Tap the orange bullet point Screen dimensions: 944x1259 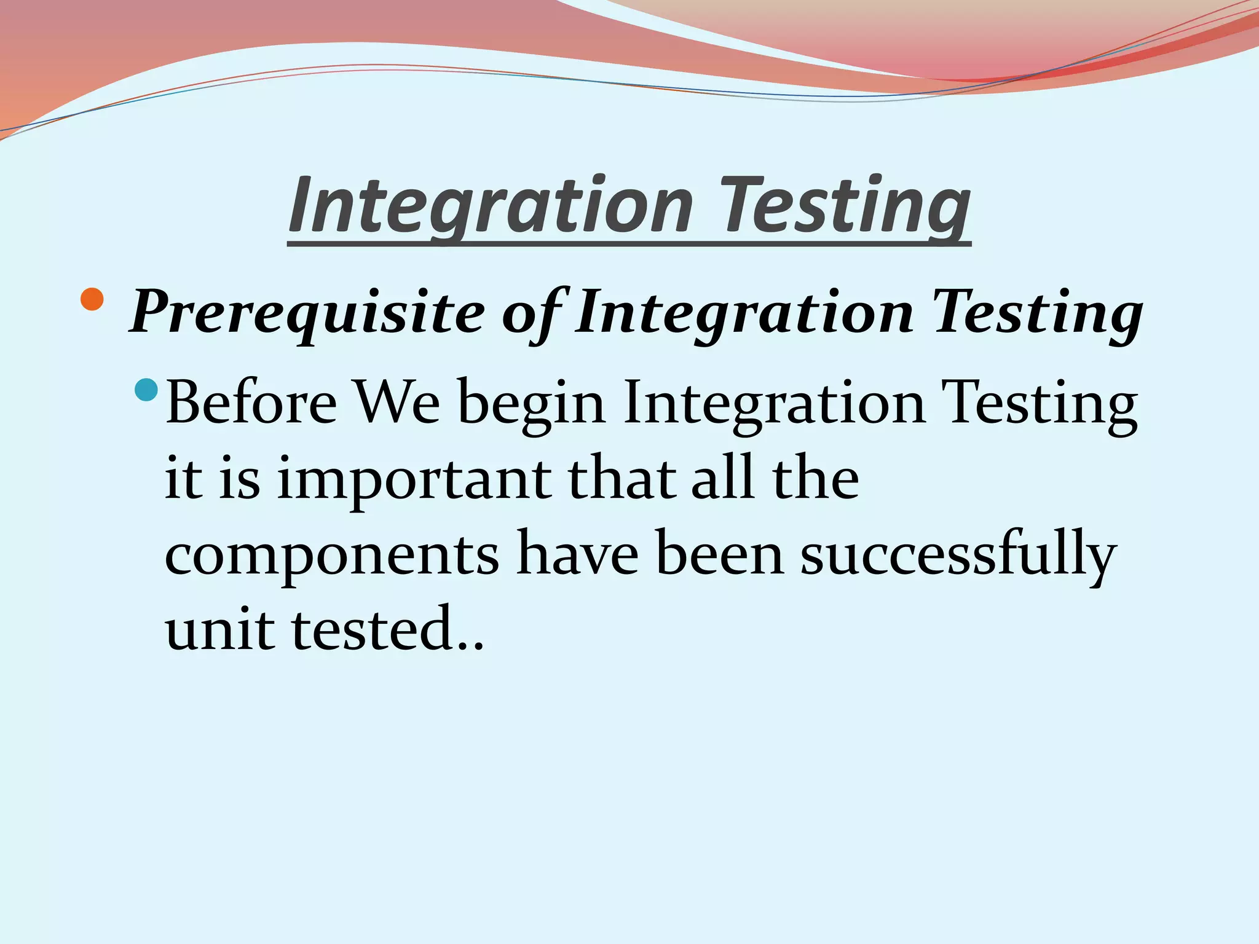point(92,299)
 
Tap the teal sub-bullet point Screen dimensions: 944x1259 point(146,390)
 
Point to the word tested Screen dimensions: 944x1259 point(372,629)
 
